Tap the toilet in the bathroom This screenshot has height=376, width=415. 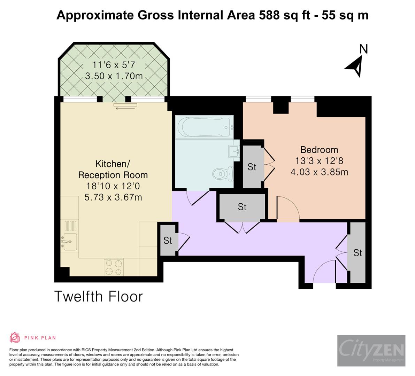[223, 173]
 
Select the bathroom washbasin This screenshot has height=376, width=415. [234, 152]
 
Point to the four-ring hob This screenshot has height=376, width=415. [114, 267]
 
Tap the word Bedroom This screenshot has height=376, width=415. [319, 150]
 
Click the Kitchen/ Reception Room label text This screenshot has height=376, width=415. [113, 169]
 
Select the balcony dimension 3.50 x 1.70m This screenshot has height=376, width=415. [114, 76]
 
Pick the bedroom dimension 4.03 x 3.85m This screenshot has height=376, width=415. [319, 172]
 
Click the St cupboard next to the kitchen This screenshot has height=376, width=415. [168, 240]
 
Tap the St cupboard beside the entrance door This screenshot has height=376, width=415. [358, 253]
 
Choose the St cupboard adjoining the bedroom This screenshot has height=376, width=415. [252, 167]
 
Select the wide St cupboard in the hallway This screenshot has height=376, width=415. [242, 207]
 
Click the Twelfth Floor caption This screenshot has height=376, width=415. [99, 297]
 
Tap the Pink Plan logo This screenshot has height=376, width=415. [32, 337]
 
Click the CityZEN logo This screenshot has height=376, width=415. [371, 350]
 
